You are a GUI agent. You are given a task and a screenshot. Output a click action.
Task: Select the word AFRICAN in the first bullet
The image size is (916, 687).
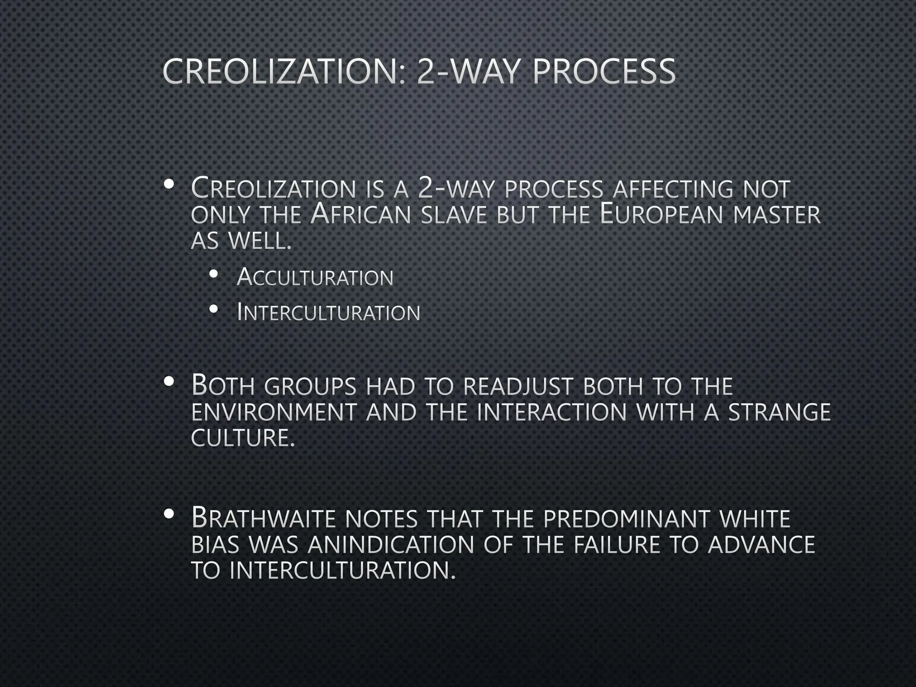tap(360, 215)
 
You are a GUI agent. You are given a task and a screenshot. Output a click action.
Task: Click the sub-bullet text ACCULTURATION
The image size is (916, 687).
tap(315, 277)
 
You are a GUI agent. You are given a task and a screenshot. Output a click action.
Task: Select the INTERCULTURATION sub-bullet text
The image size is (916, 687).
tap(328, 312)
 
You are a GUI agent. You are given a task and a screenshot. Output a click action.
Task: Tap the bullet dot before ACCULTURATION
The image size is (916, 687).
tap(214, 274)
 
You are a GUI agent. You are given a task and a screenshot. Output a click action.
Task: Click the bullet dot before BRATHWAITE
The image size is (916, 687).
tap(169, 514)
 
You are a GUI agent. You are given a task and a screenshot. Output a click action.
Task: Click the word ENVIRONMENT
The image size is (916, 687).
tap(274, 412)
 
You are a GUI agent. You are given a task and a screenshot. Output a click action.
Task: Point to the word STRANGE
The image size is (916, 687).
tap(780, 412)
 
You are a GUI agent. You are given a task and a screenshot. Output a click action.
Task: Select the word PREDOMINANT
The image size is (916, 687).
tap(627, 519)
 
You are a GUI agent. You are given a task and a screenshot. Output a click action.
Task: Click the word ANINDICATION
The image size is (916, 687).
tap(390, 545)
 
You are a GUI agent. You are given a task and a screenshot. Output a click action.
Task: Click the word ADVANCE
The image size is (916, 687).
tap(761, 545)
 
